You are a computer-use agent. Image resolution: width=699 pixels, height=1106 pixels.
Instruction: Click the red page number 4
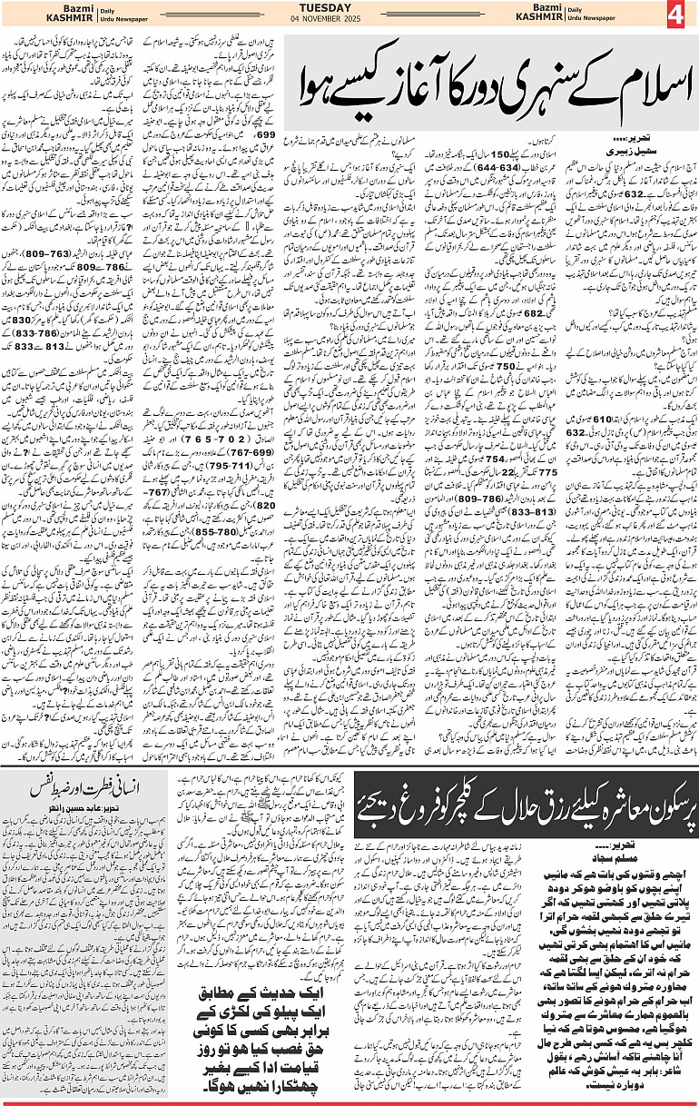tap(681, 15)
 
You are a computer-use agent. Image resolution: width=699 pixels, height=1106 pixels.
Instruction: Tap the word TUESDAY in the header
tap(349, 7)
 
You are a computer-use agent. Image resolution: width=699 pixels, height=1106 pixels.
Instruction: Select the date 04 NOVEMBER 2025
tap(349, 20)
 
